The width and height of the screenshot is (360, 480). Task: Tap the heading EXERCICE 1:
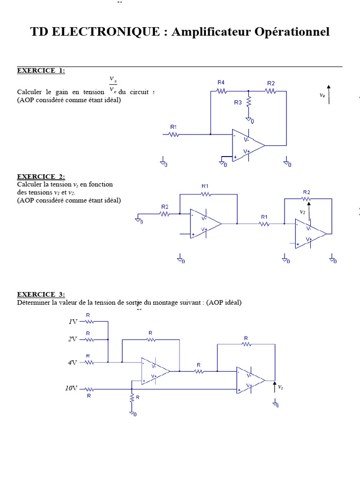pyautogui.click(x=41, y=71)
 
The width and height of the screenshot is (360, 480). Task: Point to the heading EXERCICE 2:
pyautogui.click(x=41, y=177)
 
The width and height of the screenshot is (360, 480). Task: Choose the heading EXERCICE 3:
pyautogui.click(x=41, y=294)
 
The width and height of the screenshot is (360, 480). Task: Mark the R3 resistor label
pyautogui.click(x=238, y=103)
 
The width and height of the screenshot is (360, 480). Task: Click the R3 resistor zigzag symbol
pyautogui.click(x=249, y=101)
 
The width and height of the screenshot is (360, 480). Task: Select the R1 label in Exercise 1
pyautogui.click(x=173, y=127)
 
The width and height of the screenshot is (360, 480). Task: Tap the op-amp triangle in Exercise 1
pyautogui.click(x=248, y=145)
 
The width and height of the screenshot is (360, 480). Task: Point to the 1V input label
pyautogui.click(x=73, y=322)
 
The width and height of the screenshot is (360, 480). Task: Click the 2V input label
pyautogui.click(x=73, y=339)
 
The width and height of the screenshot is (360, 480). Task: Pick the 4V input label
pyautogui.click(x=73, y=362)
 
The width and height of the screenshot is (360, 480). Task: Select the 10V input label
pyautogui.click(x=71, y=389)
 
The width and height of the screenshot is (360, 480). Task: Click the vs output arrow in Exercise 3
pyautogui.click(x=275, y=387)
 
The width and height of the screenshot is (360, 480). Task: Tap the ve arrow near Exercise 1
pyautogui.click(x=329, y=95)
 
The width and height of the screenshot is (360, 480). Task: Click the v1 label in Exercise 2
pyautogui.click(x=303, y=212)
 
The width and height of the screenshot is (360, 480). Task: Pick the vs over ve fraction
pyautogui.click(x=113, y=84)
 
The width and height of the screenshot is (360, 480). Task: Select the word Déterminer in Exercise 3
pyautogui.click(x=34, y=302)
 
